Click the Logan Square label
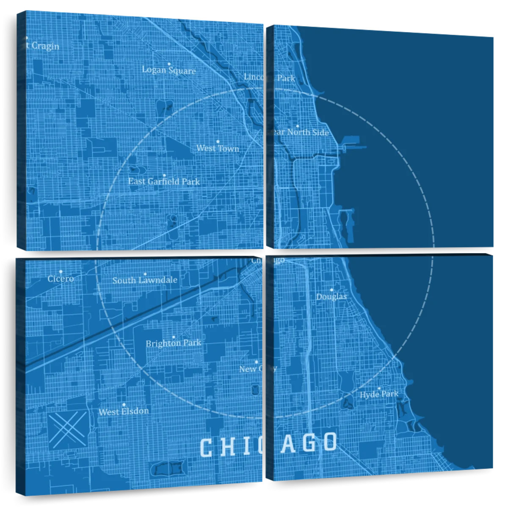pos(169,70)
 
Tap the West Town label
pos(218,148)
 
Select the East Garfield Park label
pos(164,182)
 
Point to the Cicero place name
pos(61,279)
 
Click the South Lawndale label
pos(145,280)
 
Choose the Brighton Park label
pos(173,343)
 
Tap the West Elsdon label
pos(124,411)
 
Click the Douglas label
pos(331,297)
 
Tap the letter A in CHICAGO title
pos(288,443)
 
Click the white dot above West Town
pos(218,141)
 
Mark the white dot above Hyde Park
pos(379,388)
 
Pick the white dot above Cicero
pos(61,271)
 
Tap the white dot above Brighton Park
pos(173,337)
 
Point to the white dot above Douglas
pos(331,290)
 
